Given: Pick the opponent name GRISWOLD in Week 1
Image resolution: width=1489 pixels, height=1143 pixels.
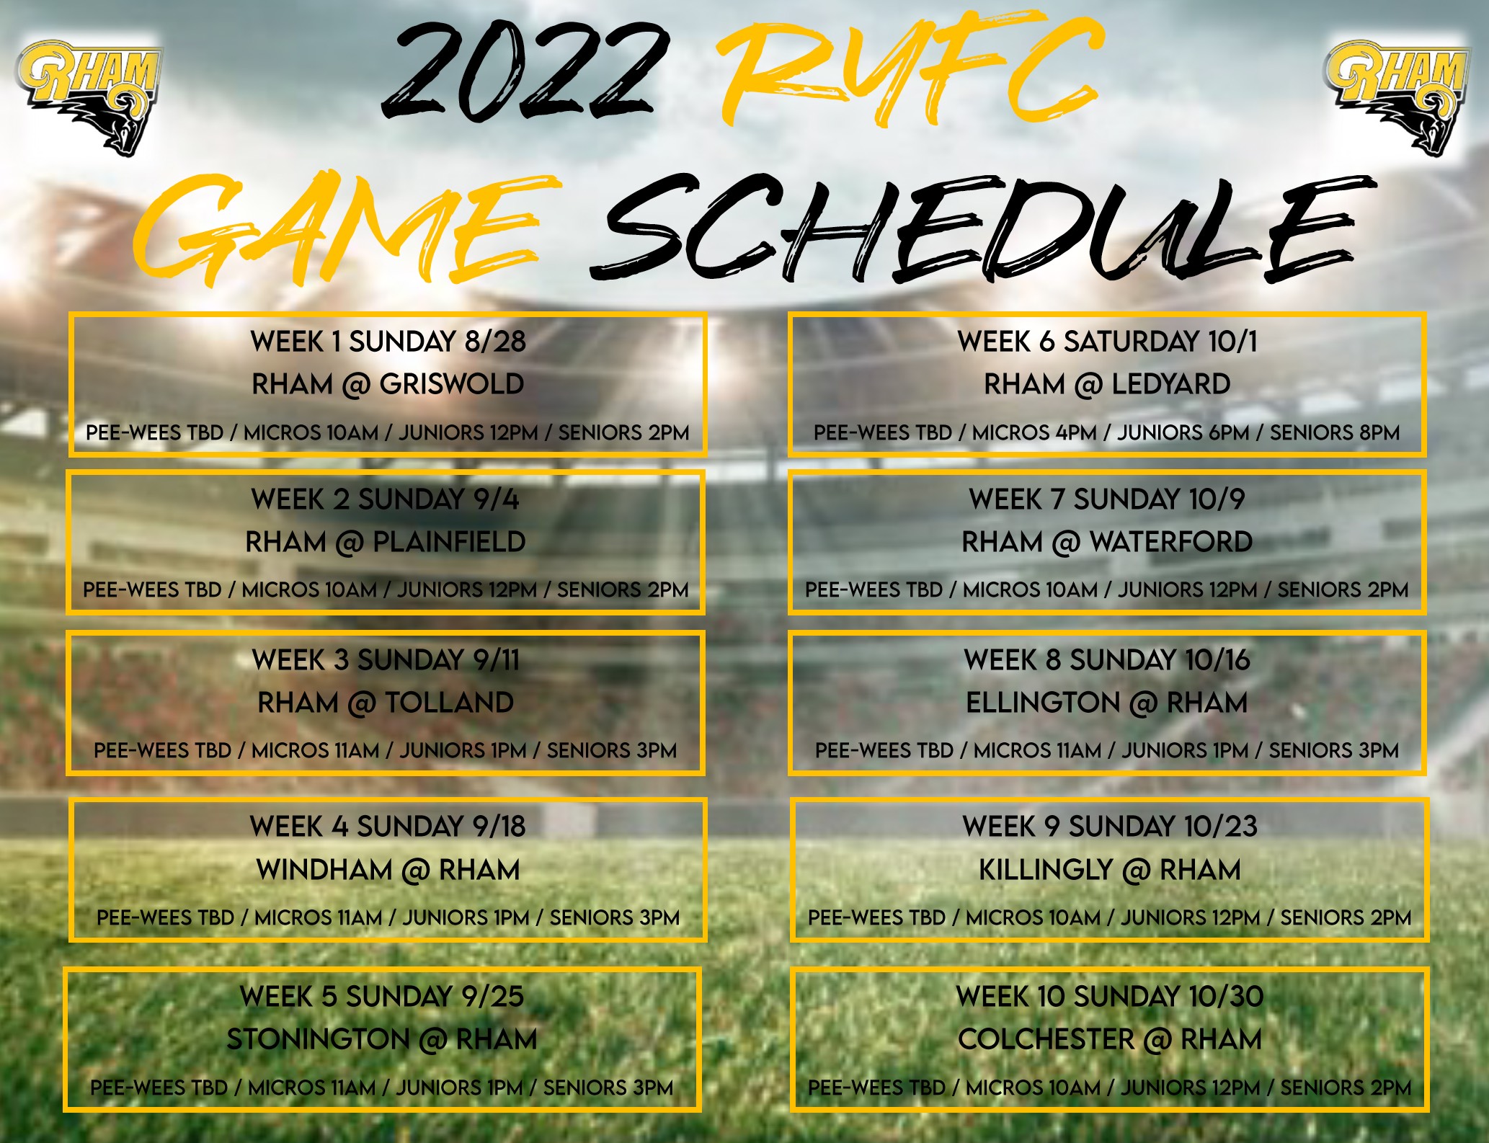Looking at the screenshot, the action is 452,384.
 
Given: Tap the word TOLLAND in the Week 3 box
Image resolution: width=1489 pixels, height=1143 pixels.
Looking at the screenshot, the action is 450,703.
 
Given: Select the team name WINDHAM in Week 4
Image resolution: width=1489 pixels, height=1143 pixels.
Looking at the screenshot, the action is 325,870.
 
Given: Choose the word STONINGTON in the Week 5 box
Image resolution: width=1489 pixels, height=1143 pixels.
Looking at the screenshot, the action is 319,1039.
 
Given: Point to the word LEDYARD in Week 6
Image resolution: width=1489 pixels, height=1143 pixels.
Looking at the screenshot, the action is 1171,384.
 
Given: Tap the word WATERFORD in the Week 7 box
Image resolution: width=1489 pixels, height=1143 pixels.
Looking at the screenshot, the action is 1171,542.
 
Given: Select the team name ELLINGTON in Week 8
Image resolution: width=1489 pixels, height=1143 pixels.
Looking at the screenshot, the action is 1042,703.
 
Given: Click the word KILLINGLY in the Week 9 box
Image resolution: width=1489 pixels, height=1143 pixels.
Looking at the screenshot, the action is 1046,870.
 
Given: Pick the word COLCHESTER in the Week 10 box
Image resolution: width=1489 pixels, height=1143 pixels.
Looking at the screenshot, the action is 1046,1039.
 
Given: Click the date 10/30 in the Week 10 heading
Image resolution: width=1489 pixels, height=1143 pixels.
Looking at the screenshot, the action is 1226,997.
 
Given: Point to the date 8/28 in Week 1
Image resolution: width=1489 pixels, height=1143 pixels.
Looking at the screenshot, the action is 495,342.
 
